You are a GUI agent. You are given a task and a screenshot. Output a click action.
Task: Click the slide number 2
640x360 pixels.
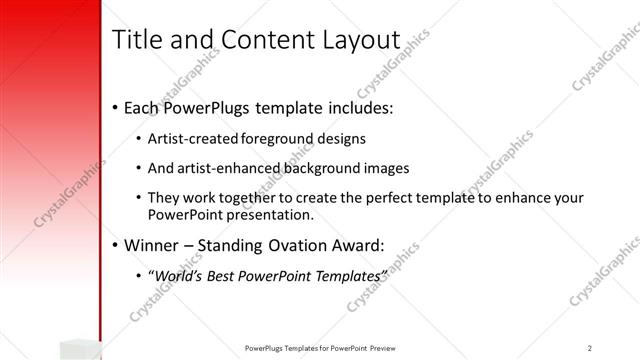pos(590,348)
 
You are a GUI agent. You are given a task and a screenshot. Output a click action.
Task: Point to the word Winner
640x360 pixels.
pos(154,244)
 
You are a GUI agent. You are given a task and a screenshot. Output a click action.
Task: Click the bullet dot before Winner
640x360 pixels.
pos(115,245)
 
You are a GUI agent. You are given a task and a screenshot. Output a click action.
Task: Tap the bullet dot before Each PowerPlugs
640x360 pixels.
pos(115,105)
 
